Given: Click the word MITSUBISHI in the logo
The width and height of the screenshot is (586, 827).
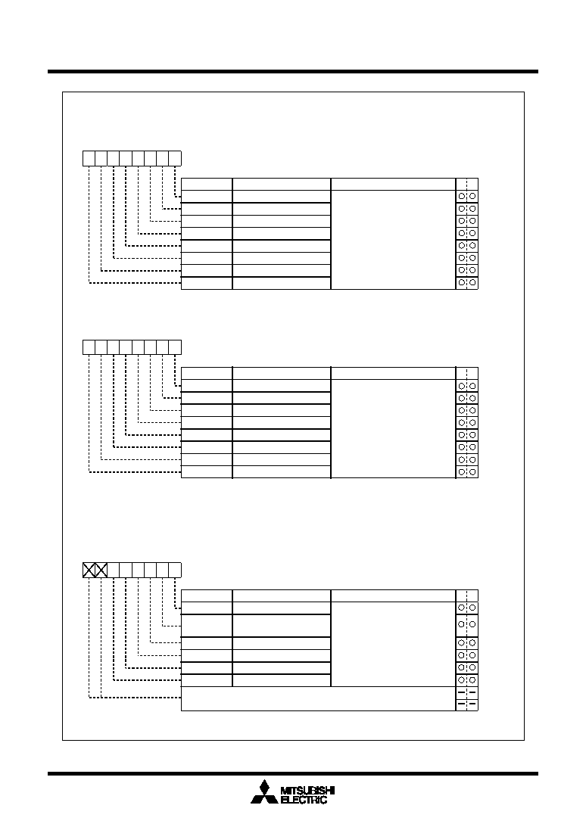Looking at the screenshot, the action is (308, 791).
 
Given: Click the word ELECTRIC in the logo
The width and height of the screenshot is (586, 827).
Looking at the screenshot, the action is (304, 800).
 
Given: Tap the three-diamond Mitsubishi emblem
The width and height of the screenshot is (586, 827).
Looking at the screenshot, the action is (264, 792).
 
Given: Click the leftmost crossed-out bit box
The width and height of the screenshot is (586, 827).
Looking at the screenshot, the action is (89, 571).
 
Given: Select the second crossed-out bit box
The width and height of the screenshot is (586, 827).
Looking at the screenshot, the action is (101, 571).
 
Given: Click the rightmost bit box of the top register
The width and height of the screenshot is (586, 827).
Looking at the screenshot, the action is (176, 158).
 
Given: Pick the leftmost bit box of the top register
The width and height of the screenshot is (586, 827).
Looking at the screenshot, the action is (89, 158).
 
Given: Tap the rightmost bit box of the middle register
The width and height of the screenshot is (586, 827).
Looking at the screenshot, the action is (176, 347).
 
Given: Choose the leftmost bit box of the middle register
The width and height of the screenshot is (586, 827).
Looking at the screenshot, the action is (89, 347).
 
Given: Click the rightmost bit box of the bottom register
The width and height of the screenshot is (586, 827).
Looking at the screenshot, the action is (176, 571).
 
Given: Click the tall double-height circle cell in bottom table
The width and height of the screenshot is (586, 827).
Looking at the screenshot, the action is (466, 624).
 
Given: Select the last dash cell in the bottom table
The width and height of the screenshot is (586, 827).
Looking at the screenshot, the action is (466, 704).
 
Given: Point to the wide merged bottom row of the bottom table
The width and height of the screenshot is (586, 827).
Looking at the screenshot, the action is (318, 699).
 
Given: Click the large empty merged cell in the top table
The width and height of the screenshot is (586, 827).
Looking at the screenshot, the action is (393, 240).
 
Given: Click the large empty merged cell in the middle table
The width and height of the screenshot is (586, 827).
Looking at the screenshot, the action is (393, 429).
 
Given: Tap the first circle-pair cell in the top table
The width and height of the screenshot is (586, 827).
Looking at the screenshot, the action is (466, 196).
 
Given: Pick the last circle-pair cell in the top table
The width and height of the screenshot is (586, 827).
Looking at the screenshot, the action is (466, 283).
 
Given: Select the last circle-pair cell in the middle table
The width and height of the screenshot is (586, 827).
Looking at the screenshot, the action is (466, 472).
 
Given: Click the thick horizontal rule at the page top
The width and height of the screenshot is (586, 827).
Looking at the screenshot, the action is (293, 71).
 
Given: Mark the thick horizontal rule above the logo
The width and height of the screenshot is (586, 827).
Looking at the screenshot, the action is (293, 773).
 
